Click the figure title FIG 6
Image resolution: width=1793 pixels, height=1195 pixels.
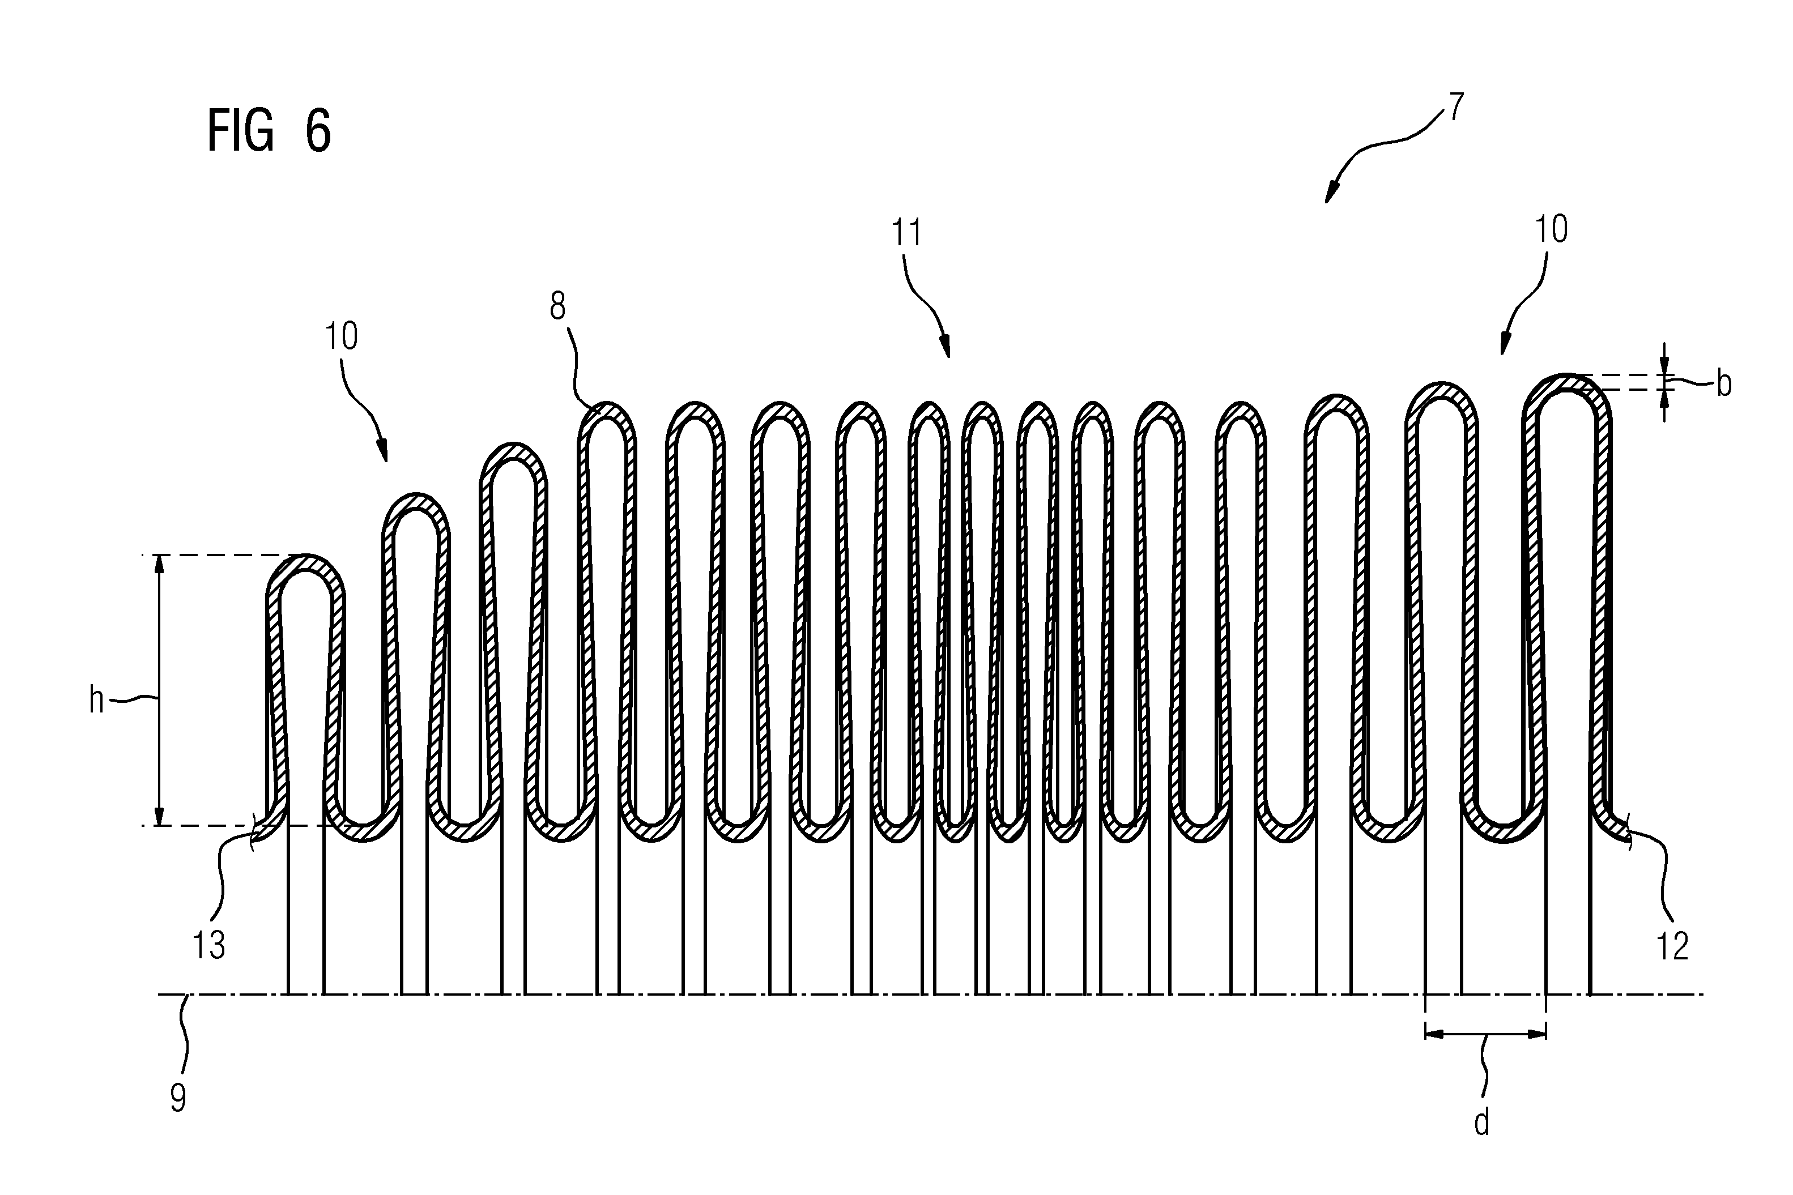269,131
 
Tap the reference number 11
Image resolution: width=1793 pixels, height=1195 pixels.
906,232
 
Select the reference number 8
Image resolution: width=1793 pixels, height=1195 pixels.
557,306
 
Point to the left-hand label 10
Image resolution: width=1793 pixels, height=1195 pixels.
341,336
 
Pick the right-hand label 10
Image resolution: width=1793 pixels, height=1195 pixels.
1551,229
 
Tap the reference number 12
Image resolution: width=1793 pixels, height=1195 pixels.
1672,946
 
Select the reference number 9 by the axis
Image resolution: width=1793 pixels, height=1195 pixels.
178,1098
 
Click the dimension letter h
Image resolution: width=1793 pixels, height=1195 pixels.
96,699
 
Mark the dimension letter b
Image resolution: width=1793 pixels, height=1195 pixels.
1724,384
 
